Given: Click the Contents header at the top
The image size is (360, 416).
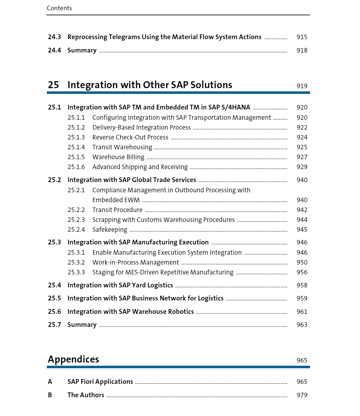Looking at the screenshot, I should click(x=59, y=8).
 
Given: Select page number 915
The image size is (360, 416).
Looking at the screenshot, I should click(x=302, y=37).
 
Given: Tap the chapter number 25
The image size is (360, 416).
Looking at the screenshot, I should click(x=54, y=85).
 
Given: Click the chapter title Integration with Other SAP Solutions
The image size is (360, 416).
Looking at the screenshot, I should click(x=150, y=85).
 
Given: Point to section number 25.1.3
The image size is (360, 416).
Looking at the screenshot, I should click(x=76, y=137).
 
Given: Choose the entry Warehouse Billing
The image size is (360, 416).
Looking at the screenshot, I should click(x=118, y=157).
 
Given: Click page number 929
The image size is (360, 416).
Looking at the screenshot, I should click(x=302, y=167).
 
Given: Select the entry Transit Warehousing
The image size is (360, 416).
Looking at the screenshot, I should click(x=122, y=147).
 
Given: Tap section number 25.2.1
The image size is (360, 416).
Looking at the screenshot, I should click(x=76, y=190).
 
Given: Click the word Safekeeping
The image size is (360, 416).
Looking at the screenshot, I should click(x=110, y=230).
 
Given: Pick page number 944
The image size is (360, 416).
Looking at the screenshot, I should click(x=302, y=220).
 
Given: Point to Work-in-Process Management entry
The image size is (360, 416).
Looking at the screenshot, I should click(x=135, y=263).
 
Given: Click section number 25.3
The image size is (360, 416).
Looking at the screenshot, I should click(x=54, y=243).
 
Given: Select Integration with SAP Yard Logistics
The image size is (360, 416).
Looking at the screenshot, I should click(x=120, y=286).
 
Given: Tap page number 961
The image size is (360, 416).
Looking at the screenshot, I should click(x=302, y=312).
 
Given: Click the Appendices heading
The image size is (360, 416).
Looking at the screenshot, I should click(x=73, y=359).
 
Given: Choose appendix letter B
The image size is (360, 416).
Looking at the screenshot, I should click(x=50, y=395).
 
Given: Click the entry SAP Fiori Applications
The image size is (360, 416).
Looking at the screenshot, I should click(x=100, y=382).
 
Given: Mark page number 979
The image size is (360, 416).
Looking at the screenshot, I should click(x=302, y=395).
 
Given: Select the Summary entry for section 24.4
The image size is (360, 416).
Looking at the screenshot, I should click(x=82, y=51).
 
